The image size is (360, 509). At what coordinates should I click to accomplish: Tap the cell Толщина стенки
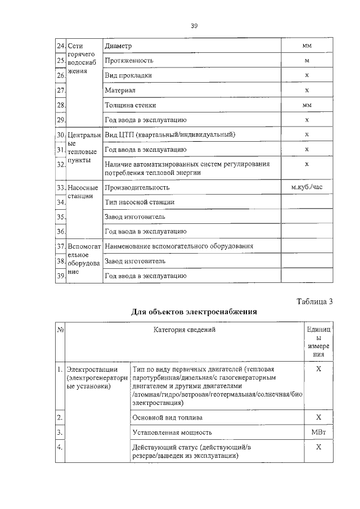click(130, 105)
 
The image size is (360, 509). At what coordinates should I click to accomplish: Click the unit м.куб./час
click(307, 187)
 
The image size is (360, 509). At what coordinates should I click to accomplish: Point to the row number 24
click(60, 46)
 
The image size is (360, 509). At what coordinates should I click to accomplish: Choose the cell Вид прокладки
click(128, 75)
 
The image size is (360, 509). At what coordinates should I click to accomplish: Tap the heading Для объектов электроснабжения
click(194, 311)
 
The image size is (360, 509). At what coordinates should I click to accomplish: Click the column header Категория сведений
click(184, 330)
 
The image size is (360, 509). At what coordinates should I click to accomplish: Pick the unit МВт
click(318, 432)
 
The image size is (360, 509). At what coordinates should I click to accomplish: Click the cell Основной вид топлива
click(168, 417)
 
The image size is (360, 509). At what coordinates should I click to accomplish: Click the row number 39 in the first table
click(60, 276)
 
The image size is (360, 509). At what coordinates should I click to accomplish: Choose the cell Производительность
click(137, 187)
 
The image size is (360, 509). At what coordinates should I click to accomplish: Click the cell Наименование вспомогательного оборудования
click(179, 246)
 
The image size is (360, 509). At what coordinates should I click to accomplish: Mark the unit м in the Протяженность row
click(307, 60)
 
